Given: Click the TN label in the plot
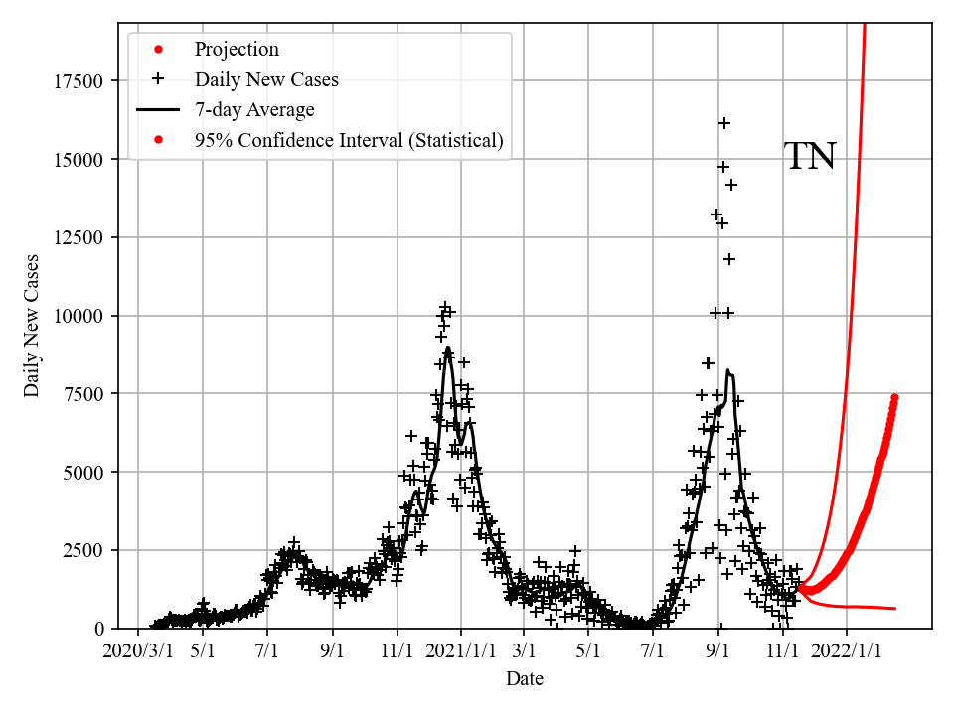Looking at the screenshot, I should pyautogui.click(x=810, y=157).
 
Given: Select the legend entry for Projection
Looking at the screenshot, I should pyautogui.click(x=237, y=50).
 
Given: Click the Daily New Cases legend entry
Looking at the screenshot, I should pyautogui.click(x=266, y=80).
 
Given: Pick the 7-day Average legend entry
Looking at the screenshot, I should pyautogui.click(x=254, y=110).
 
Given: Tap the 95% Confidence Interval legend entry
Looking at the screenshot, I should pyautogui.click(x=349, y=141).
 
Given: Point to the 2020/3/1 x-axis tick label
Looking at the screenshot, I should pyautogui.click(x=137, y=651).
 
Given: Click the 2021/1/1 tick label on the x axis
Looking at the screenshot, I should pyautogui.click(x=461, y=651).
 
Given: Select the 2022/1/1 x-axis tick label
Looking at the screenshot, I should pyautogui.click(x=848, y=651).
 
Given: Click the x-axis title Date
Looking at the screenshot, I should pyautogui.click(x=524, y=679).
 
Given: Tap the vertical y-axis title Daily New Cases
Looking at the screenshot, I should pyautogui.click(x=33, y=327).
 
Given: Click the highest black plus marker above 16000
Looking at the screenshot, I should pyautogui.click(x=724, y=123).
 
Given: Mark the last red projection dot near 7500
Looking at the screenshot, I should pyautogui.click(x=894, y=397).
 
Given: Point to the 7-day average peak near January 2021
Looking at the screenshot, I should pyautogui.click(x=448, y=349).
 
